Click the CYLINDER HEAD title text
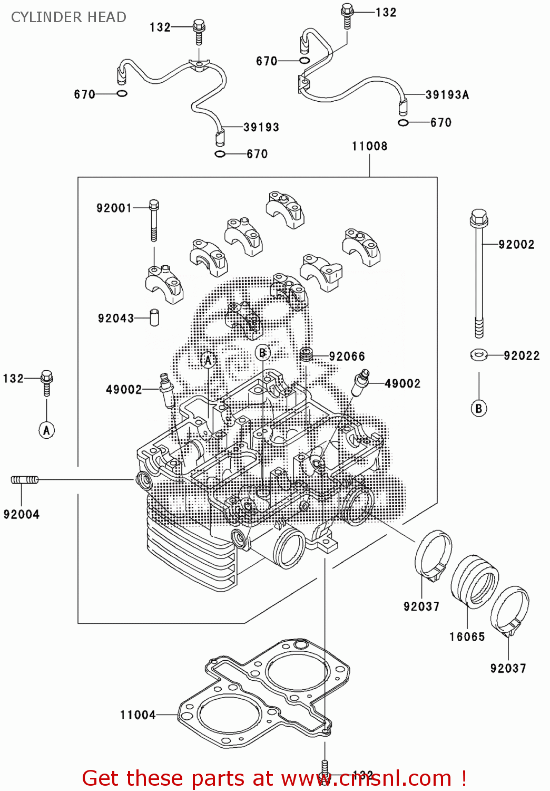click(68, 17)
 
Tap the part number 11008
click(369, 146)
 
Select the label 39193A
click(447, 95)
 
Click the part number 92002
click(516, 244)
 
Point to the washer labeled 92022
click(478, 355)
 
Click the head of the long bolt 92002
click(478, 217)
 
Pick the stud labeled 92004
click(25, 480)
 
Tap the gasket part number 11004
click(138, 715)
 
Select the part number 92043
click(116, 318)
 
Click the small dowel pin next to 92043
click(154, 317)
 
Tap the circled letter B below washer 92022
click(478, 409)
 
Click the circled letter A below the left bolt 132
click(46, 430)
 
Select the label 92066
click(347, 356)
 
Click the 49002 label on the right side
click(402, 384)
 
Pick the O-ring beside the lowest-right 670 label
click(403, 123)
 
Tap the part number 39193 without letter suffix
click(261, 127)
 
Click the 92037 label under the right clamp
click(508, 668)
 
